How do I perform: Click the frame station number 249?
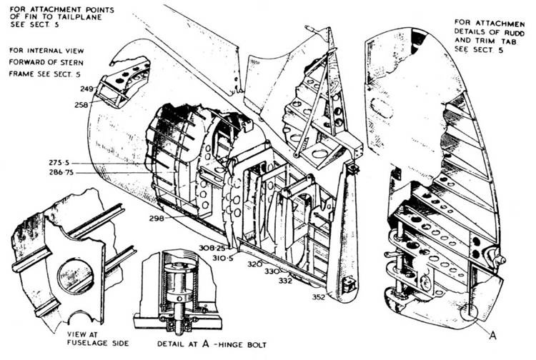pos(86,89)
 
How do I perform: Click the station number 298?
pos(157,219)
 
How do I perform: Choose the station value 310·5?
pos(212,256)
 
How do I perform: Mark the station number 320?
pos(254,264)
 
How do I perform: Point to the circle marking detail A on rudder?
pos(470,311)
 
